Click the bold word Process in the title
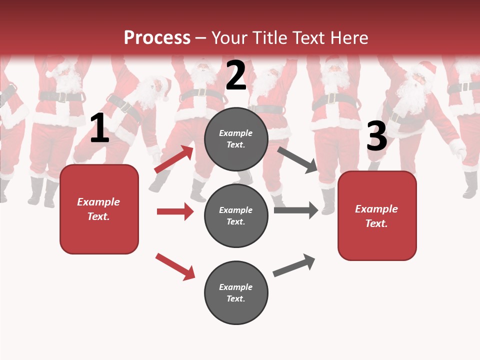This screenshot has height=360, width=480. coord(157,38)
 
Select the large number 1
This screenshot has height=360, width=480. coord(99,128)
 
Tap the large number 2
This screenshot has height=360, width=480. coord(236,75)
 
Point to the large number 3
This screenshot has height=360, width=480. coord(376,136)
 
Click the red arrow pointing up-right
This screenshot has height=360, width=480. coord(174,159)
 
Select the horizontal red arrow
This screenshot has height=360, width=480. coord(175,211)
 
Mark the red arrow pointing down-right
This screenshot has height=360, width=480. coord(175,266)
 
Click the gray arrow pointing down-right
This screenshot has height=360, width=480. coord(297,160)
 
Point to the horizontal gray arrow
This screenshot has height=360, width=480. coord(296,210)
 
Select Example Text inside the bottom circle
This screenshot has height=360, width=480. coord(236,293)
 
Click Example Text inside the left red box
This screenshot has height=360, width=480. coord(99,209)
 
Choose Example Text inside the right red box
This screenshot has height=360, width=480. coord(377,216)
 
